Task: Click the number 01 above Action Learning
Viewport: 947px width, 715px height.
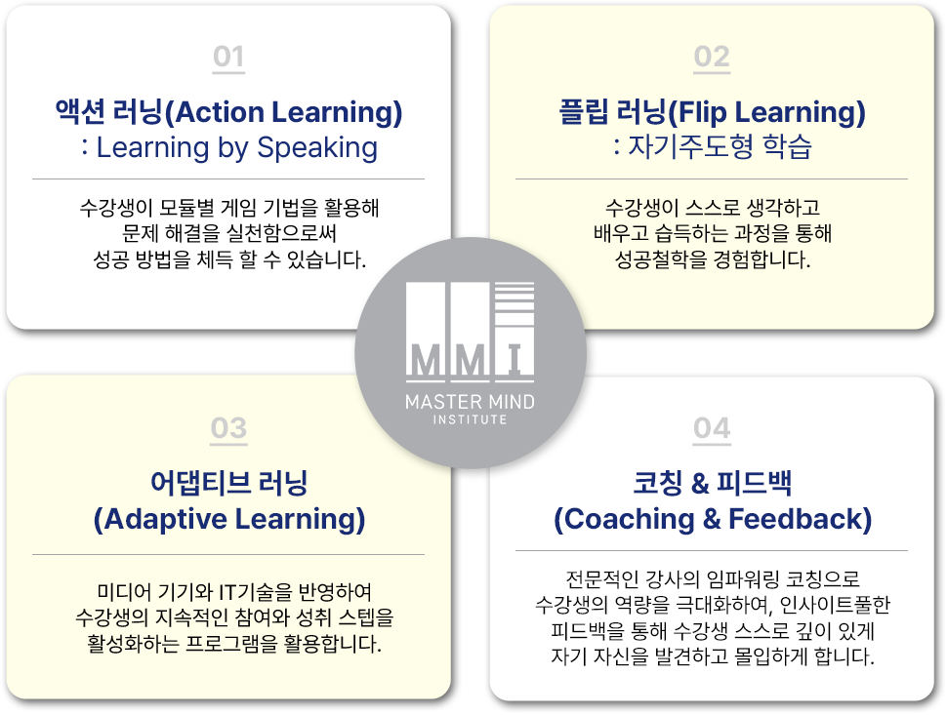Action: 228,57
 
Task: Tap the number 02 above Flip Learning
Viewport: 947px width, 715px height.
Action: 712,57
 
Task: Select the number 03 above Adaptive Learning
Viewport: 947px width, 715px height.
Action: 228,428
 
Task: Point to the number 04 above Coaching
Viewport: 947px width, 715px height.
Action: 712,428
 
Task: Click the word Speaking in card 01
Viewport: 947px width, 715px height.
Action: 317,148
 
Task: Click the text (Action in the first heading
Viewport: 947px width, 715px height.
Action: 215,113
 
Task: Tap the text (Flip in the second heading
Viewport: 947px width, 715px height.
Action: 698,113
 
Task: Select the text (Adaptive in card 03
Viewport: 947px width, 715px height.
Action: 160,520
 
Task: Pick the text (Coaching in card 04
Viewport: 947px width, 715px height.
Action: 624,520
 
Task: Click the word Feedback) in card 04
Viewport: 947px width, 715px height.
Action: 801,520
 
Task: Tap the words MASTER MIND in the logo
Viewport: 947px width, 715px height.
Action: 470,402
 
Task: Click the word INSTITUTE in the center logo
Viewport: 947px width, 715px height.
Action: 470,419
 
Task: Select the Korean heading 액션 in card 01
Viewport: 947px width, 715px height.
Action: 80,112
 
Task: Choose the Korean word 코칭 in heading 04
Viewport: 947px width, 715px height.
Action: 656,483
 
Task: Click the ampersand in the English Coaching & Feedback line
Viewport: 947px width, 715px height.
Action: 712,520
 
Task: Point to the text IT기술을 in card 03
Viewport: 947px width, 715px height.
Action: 256,592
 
